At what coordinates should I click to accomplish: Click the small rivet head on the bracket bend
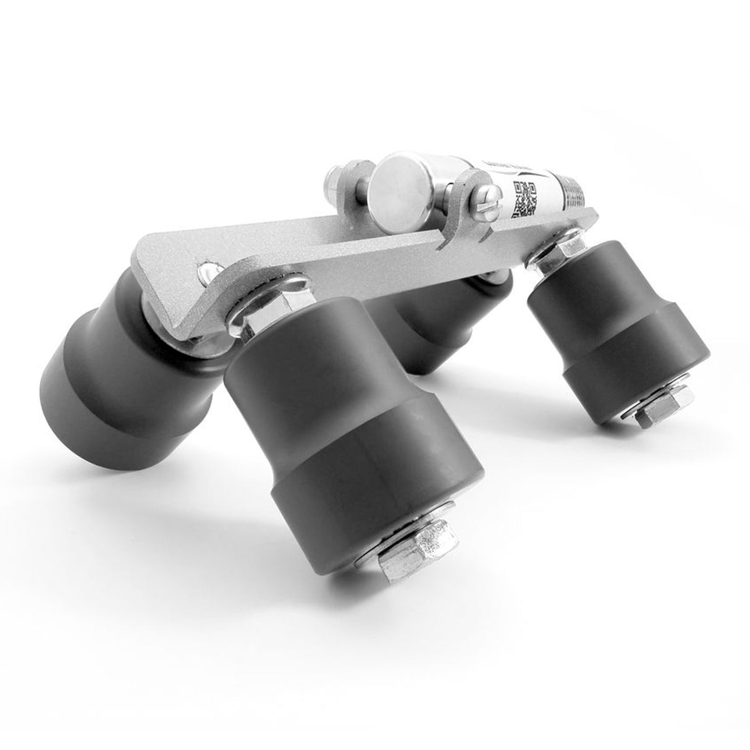(206, 272)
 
